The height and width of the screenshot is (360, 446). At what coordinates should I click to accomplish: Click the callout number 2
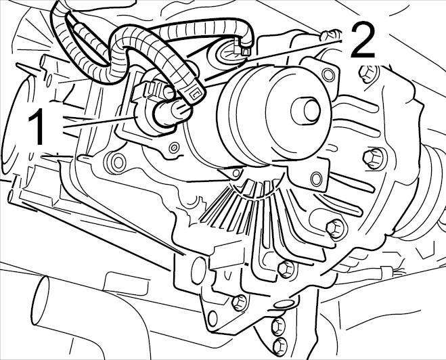click(363, 41)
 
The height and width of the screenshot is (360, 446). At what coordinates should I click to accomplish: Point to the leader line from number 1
click(98, 122)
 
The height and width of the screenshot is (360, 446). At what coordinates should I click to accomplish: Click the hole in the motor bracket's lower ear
click(316, 179)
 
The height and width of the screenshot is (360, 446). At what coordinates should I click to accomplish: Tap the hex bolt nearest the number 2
click(367, 74)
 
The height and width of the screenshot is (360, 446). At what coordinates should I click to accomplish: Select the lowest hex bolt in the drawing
click(280, 346)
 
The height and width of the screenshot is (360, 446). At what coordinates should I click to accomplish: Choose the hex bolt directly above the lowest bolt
click(278, 326)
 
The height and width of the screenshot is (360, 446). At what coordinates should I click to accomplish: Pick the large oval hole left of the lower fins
click(198, 271)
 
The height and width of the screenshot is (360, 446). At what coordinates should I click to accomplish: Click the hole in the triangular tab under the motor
click(236, 173)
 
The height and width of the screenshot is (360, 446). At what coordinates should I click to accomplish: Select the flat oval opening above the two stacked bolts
click(284, 304)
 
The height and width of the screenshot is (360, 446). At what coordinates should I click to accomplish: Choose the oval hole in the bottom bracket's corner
click(212, 318)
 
